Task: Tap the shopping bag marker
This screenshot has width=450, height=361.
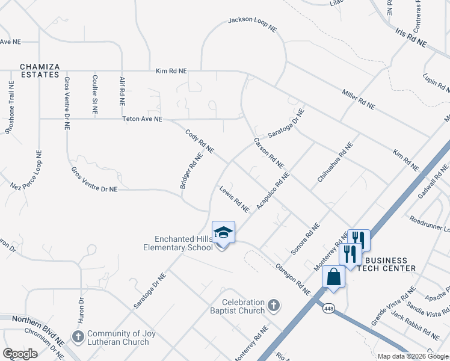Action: point(333,277)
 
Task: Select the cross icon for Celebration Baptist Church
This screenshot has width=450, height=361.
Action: point(273,306)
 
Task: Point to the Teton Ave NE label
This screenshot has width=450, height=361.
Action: point(143,119)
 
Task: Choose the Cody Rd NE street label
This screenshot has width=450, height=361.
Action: point(200,141)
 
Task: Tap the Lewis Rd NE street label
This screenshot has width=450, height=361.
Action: point(234,199)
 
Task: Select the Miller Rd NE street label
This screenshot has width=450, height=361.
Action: point(358,99)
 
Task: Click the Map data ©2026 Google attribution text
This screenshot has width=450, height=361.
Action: point(413,356)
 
